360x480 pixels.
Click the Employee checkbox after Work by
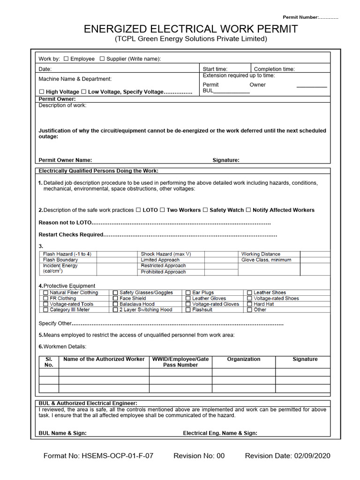66,59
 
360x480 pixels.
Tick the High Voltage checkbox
42,92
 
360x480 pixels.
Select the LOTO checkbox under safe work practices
138,210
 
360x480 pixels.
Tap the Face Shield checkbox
115,298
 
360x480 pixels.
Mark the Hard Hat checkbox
250,304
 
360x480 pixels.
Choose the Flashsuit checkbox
188,310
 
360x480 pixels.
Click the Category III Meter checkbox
45,310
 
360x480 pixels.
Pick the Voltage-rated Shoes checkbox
250,298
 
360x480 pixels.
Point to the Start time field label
215,69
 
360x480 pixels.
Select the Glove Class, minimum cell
266,260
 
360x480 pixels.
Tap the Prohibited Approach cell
163,272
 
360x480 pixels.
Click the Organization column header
243,359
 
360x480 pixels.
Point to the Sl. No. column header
49,362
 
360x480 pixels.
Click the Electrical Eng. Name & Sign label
220,433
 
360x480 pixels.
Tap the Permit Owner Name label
65,160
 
